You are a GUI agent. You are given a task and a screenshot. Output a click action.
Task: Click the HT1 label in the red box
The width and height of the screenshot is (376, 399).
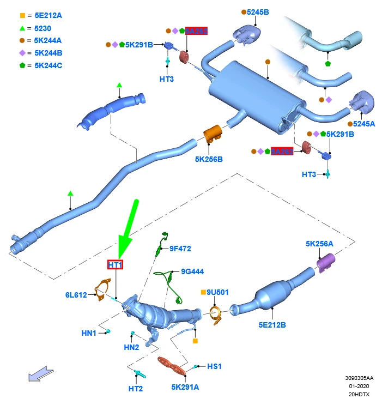click(115, 265)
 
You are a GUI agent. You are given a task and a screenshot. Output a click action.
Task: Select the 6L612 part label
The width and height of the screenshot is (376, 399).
click(76, 295)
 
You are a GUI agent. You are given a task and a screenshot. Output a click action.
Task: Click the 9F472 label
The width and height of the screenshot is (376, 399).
click(180, 249)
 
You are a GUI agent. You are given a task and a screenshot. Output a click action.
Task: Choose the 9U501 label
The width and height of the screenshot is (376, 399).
click(217, 292)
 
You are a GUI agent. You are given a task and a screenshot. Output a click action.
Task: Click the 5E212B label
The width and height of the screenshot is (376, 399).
click(272, 325)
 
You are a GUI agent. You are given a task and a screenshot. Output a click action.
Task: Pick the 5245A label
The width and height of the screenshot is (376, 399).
click(364, 124)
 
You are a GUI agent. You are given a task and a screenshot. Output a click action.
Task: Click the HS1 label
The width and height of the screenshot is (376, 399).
click(215, 366)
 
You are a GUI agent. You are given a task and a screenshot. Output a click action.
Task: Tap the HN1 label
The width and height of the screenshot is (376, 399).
click(89, 332)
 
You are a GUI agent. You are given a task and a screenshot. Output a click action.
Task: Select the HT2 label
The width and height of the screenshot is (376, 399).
click(136, 389)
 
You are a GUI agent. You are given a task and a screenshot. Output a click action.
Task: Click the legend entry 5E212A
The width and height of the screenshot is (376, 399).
click(48, 16)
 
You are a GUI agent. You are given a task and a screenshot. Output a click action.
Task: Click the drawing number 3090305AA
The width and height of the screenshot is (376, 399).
click(359, 377)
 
